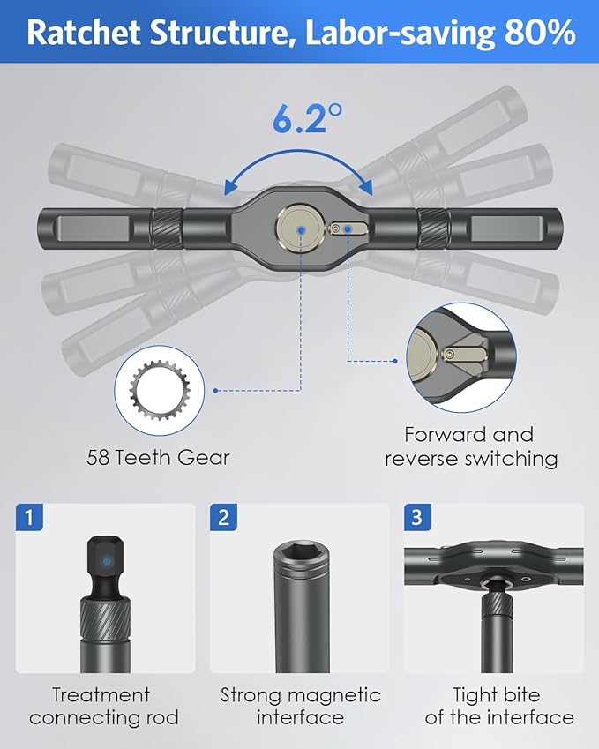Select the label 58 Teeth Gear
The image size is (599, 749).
tap(158, 457)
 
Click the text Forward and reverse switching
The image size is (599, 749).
tap(470, 446)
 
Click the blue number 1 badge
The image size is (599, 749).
tap(29, 517)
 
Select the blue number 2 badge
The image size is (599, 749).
tap(223, 517)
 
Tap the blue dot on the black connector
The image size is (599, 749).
tap(106, 560)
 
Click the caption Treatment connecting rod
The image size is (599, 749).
tap(103, 706)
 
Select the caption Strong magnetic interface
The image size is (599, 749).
tap(300, 706)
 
